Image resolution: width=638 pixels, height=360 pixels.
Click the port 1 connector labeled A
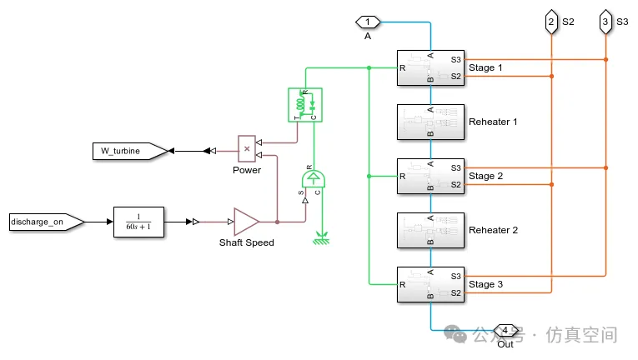pos(368,22)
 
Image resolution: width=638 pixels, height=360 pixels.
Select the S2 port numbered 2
pos(551,22)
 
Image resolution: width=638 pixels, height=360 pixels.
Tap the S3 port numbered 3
pos(605,22)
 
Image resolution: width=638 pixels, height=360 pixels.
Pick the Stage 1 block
pos(430,67)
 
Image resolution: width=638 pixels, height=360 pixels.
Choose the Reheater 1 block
pos(430,122)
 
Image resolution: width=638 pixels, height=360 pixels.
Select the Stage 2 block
pos(430,176)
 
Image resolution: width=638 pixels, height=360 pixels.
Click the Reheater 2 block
pos(430,230)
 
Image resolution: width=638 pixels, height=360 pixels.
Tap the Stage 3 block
pos(430,284)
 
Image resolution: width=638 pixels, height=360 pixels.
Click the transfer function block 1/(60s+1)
pos(138,222)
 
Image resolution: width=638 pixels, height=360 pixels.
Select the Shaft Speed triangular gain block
pos(246,222)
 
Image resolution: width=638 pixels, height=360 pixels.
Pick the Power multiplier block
pos(247,148)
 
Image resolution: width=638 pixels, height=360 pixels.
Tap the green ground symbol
pos(318,242)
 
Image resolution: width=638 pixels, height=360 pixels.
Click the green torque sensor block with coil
pos(304,104)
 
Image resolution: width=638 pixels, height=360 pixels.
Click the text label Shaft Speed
pos(247,243)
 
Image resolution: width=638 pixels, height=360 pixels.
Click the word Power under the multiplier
pos(247,170)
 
